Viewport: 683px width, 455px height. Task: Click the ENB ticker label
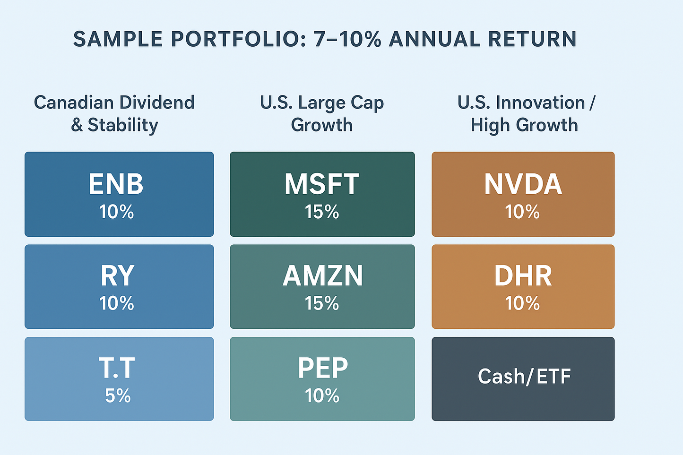tap(116, 184)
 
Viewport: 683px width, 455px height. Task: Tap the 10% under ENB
tap(116, 212)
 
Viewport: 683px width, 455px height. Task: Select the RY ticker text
tap(117, 276)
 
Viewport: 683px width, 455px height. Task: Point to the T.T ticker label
tap(117, 369)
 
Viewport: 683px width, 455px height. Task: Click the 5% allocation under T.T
tap(118, 396)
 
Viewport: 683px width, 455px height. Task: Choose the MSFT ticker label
tap(322, 184)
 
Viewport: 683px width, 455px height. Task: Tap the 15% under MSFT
tap(322, 212)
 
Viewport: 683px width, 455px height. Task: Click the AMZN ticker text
tap(323, 276)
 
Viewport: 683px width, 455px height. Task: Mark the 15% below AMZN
tap(322, 303)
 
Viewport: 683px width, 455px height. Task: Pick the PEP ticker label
tap(323, 369)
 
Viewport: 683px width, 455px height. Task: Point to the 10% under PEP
tap(322, 396)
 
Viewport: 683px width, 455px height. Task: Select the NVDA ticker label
tap(523, 184)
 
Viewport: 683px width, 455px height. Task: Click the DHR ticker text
tap(523, 276)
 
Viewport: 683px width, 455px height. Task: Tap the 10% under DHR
tap(522, 303)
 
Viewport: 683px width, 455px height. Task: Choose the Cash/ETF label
tap(524, 377)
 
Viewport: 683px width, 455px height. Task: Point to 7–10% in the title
tap(347, 39)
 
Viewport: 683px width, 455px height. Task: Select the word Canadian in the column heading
tap(74, 103)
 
